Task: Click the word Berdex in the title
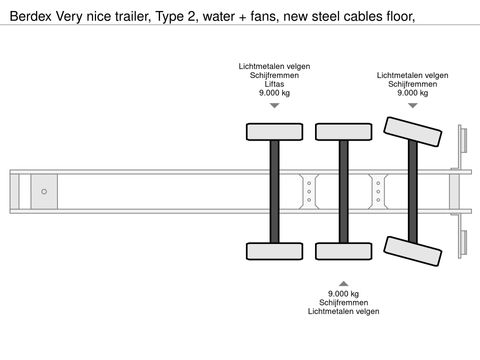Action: pos(27,15)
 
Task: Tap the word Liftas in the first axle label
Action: pos(274,84)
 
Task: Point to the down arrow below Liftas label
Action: pos(274,105)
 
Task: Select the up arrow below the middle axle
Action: pos(343,282)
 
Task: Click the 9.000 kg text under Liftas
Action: pos(274,93)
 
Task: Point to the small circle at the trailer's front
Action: pos(43,190)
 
